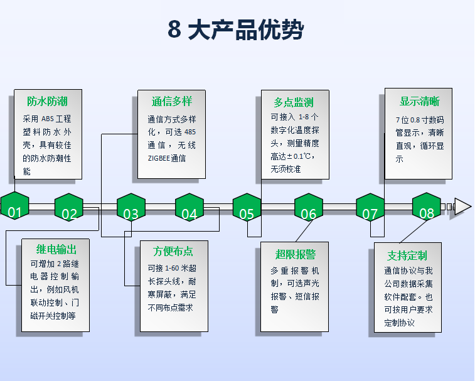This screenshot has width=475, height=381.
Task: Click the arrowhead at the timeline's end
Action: pos(462,207)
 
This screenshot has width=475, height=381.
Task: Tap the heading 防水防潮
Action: pos(47,101)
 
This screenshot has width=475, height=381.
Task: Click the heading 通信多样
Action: pos(171,101)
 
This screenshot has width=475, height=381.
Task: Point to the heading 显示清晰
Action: pos(419,101)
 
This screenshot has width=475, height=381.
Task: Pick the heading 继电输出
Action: pos(55,250)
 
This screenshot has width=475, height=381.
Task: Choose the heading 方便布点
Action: pos(173,251)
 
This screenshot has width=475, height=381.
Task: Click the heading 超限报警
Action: pos(295,254)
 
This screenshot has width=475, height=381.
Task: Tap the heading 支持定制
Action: pos(407,255)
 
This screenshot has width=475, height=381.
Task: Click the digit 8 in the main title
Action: pos(174,30)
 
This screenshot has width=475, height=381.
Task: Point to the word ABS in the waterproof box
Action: pos(48,119)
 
